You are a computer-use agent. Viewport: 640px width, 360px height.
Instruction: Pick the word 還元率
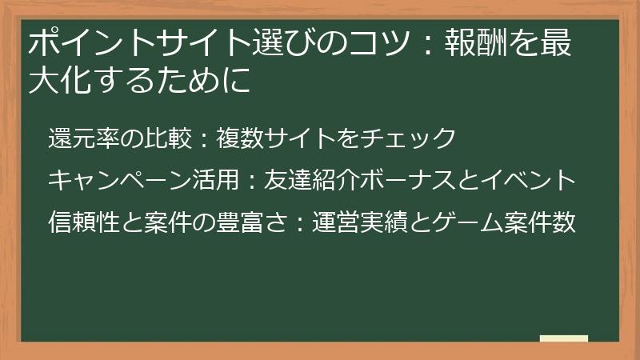click(82, 138)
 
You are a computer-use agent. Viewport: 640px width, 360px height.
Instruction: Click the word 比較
click(166, 138)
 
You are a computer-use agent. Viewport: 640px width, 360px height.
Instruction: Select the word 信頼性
click(82, 222)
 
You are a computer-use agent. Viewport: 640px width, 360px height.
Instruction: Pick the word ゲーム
click(467, 222)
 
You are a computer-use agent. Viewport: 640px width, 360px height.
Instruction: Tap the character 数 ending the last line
click(564, 222)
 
